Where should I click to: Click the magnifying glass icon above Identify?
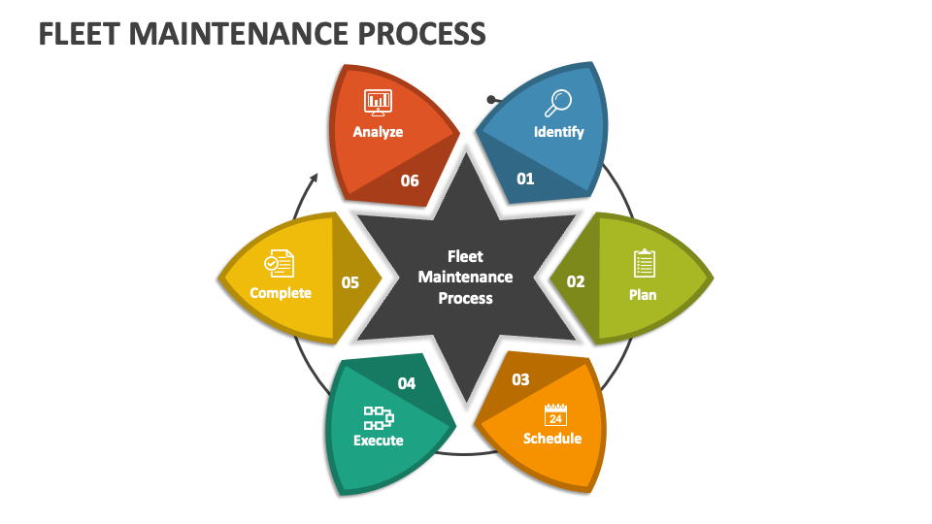(x=559, y=102)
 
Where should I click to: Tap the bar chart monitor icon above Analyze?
(x=377, y=101)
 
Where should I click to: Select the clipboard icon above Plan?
(x=644, y=263)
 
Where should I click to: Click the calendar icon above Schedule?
(x=554, y=414)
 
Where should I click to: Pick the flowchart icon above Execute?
(x=379, y=418)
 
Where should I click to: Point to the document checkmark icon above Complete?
(x=279, y=263)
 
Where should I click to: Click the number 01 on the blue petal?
(x=525, y=179)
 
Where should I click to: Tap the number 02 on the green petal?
(x=576, y=281)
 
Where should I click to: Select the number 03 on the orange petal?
(x=520, y=379)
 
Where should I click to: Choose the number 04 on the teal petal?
(x=406, y=383)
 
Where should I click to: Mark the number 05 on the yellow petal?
(x=349, y=282)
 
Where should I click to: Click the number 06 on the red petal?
(x=410, y=180)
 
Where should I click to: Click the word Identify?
(x=559, y=131)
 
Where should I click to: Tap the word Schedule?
(x=552, y=439)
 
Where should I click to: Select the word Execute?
(x=378, y=441)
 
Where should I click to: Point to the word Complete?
(x=281, y=292)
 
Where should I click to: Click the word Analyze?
(x=378, y=131)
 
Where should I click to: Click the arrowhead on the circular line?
(x=314, y=180)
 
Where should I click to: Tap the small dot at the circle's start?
(x=491, y=99)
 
